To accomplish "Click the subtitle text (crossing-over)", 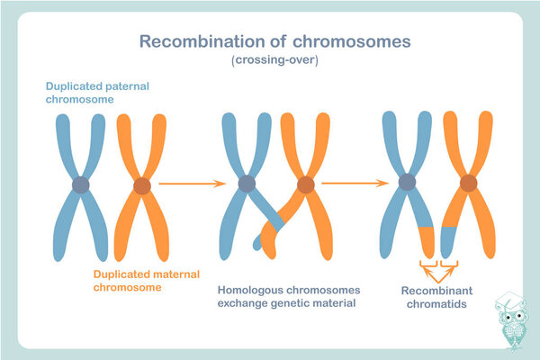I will click(269, 61).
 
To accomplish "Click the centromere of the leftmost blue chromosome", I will click(81, 185).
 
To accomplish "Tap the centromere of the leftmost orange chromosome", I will click(141, 186).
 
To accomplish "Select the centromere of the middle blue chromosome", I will click(247, 184).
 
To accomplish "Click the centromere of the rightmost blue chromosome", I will click(407, 183).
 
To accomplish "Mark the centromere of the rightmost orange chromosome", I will click(468, 183).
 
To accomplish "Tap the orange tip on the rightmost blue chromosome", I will click(427, 240).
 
